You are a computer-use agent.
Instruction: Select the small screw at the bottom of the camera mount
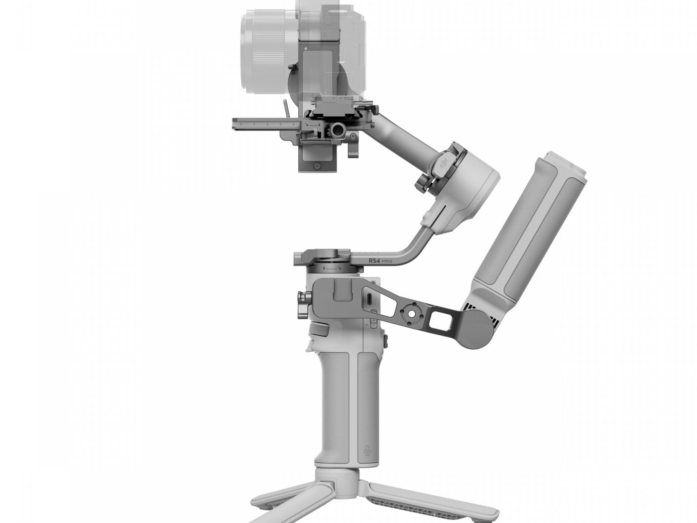(x=315, y=164)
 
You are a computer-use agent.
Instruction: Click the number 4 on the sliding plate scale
(x=294, y=124)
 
